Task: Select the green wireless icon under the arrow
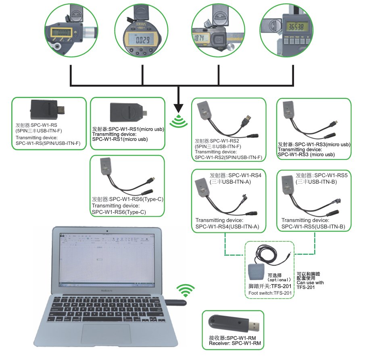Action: pyautogui.click(x=178, y=121)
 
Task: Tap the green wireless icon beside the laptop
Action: pyautogui.click(x=186, y=290)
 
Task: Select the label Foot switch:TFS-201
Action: pyautogui.click(x=270, y=293)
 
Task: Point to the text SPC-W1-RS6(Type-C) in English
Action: pyautogui.click(x=119, y=212)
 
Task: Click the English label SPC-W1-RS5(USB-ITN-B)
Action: pyautogui.click(x=313, y=227)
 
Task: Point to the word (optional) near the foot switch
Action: pyautogui.click(x=279, y=279)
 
